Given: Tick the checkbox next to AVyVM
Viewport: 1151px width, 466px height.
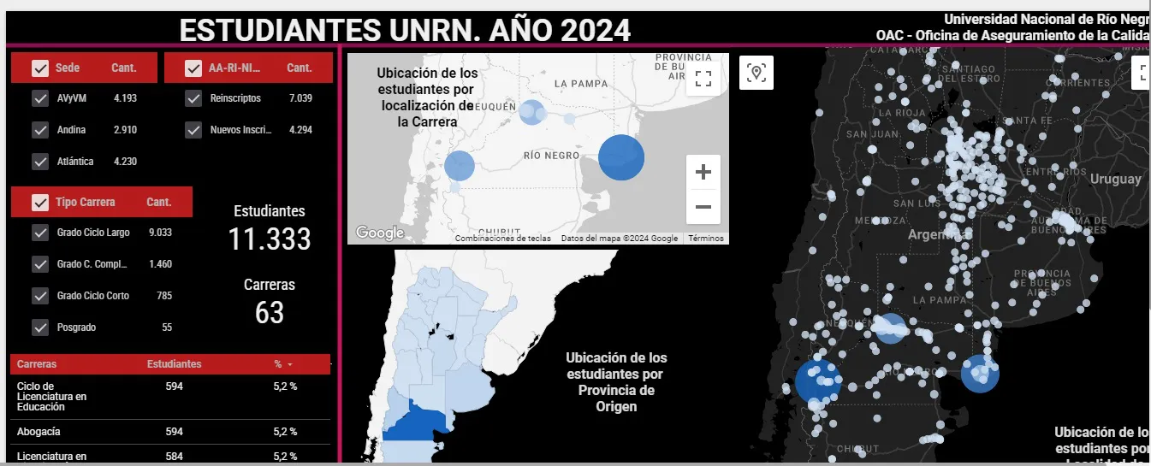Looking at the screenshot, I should [40, 98].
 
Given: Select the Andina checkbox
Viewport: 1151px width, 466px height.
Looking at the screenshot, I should [40, 130].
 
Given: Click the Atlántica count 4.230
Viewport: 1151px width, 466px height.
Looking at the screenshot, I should [125, 162].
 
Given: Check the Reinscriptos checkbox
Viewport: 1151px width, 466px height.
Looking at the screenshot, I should [193, 98].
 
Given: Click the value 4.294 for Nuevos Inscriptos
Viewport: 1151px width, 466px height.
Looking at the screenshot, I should [300, 130].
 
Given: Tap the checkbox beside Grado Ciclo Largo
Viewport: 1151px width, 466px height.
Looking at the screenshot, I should [40, 232].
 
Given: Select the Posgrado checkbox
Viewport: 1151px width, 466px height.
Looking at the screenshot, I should [40, 327].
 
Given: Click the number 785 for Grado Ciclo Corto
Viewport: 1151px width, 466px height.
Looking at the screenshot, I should [164, 296].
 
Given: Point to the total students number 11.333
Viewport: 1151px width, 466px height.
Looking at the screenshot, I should [270, 239].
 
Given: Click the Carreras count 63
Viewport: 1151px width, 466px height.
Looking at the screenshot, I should [270, 313].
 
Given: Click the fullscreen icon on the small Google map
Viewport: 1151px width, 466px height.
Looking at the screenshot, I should [703, 80].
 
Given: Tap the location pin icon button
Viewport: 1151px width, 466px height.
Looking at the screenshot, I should [756, 73].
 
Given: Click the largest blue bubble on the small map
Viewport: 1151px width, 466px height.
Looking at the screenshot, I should [621, 157].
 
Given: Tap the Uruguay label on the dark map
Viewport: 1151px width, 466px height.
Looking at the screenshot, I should [1115, 179].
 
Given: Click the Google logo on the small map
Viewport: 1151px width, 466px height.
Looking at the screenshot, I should [379, 233].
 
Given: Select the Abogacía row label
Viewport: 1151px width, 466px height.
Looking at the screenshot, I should [39, 432].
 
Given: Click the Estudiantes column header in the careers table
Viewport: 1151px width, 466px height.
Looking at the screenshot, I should [175, 364].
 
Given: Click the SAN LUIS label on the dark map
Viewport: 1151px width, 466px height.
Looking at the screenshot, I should [917, 204].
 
